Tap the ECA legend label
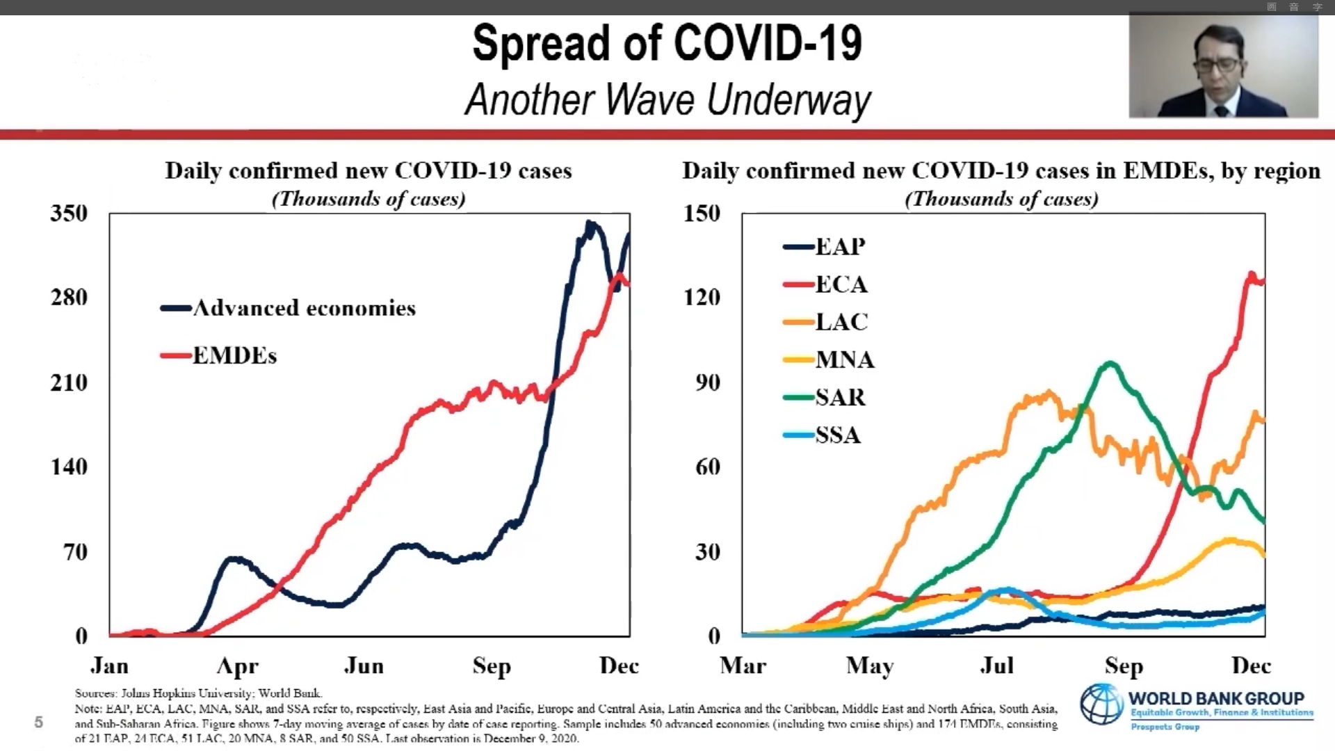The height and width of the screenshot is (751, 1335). [841, 284]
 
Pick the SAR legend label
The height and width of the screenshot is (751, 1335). [840, 398]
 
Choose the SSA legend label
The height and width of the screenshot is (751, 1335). [838, 435]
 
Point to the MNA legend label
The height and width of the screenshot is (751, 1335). [845, 360]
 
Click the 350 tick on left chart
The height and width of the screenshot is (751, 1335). [69, 213]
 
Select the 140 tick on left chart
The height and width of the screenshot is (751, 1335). [69, 467]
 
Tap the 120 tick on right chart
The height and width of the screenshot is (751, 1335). [702, 298]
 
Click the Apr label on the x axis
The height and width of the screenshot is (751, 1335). [237, 666]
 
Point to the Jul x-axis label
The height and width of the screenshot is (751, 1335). [996, 666]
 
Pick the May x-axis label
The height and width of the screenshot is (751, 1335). [869, 666]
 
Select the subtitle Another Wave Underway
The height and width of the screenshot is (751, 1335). [667, 99]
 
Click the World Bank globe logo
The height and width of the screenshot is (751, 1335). [1101, 704]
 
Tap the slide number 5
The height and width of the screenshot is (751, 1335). [39, 722]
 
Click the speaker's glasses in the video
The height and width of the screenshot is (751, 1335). [1217, 65]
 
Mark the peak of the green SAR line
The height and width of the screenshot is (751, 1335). [1110, 362]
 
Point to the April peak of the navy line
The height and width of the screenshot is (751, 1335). [235, 558]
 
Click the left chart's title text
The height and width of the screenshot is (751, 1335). [368, 171]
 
